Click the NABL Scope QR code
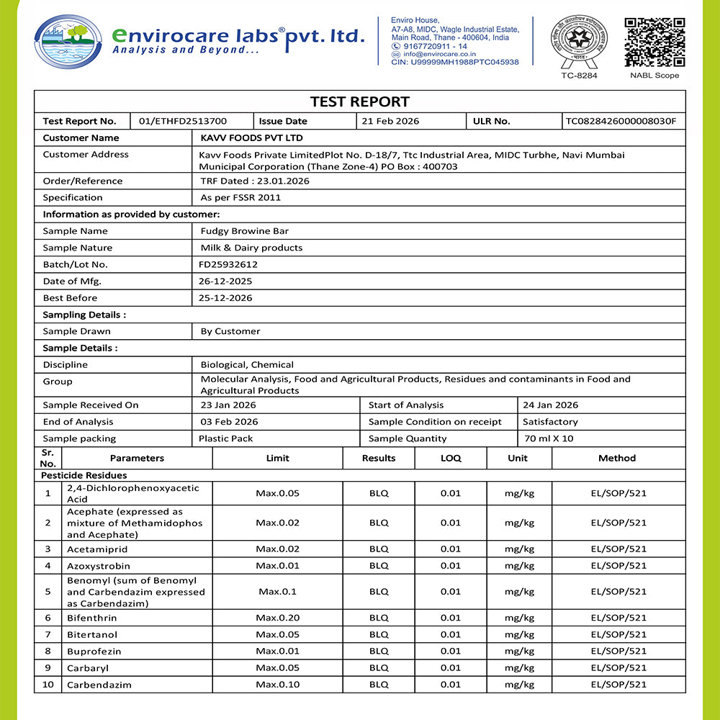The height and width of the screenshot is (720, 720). click(x=654, y=42)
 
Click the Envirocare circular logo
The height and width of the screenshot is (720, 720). click(x=68, y=42)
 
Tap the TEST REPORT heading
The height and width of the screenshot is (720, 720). click(x=359, y=102)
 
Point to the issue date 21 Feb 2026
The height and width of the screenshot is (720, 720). click(x=390, y=122)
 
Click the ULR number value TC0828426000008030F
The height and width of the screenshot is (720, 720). click(x=621, y=122)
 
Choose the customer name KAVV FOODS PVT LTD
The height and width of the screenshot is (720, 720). click(x=251, y=138)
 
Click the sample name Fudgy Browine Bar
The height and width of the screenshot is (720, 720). click(x=244, y=231)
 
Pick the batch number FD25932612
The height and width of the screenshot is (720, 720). click(x=229, y=264)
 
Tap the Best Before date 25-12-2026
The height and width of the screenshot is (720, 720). click(x=226, y=298)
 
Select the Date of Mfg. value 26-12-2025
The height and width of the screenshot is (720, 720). click(x=226, y=281)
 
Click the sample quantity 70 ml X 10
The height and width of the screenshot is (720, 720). click(x=548, y=438)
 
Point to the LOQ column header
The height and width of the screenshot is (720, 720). click(x=451, y=458)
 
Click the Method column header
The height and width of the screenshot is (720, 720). click(x=617, y=458)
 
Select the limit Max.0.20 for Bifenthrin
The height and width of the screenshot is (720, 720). click(x=277, y=618)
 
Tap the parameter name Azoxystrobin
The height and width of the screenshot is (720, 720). click(x=99, y=566)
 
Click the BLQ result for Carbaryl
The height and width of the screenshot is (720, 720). click(x=379, y=667)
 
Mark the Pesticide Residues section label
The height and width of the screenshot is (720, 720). click(x=84, y=475)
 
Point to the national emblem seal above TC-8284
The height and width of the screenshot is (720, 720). click(x=579, y=40)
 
